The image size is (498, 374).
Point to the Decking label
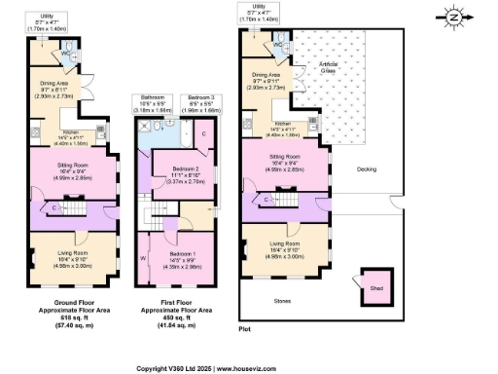[367, 168]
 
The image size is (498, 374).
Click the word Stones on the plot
[282, 301]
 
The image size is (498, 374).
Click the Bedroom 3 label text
[200, 97]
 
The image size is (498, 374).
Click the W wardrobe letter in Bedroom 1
[143, 258]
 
